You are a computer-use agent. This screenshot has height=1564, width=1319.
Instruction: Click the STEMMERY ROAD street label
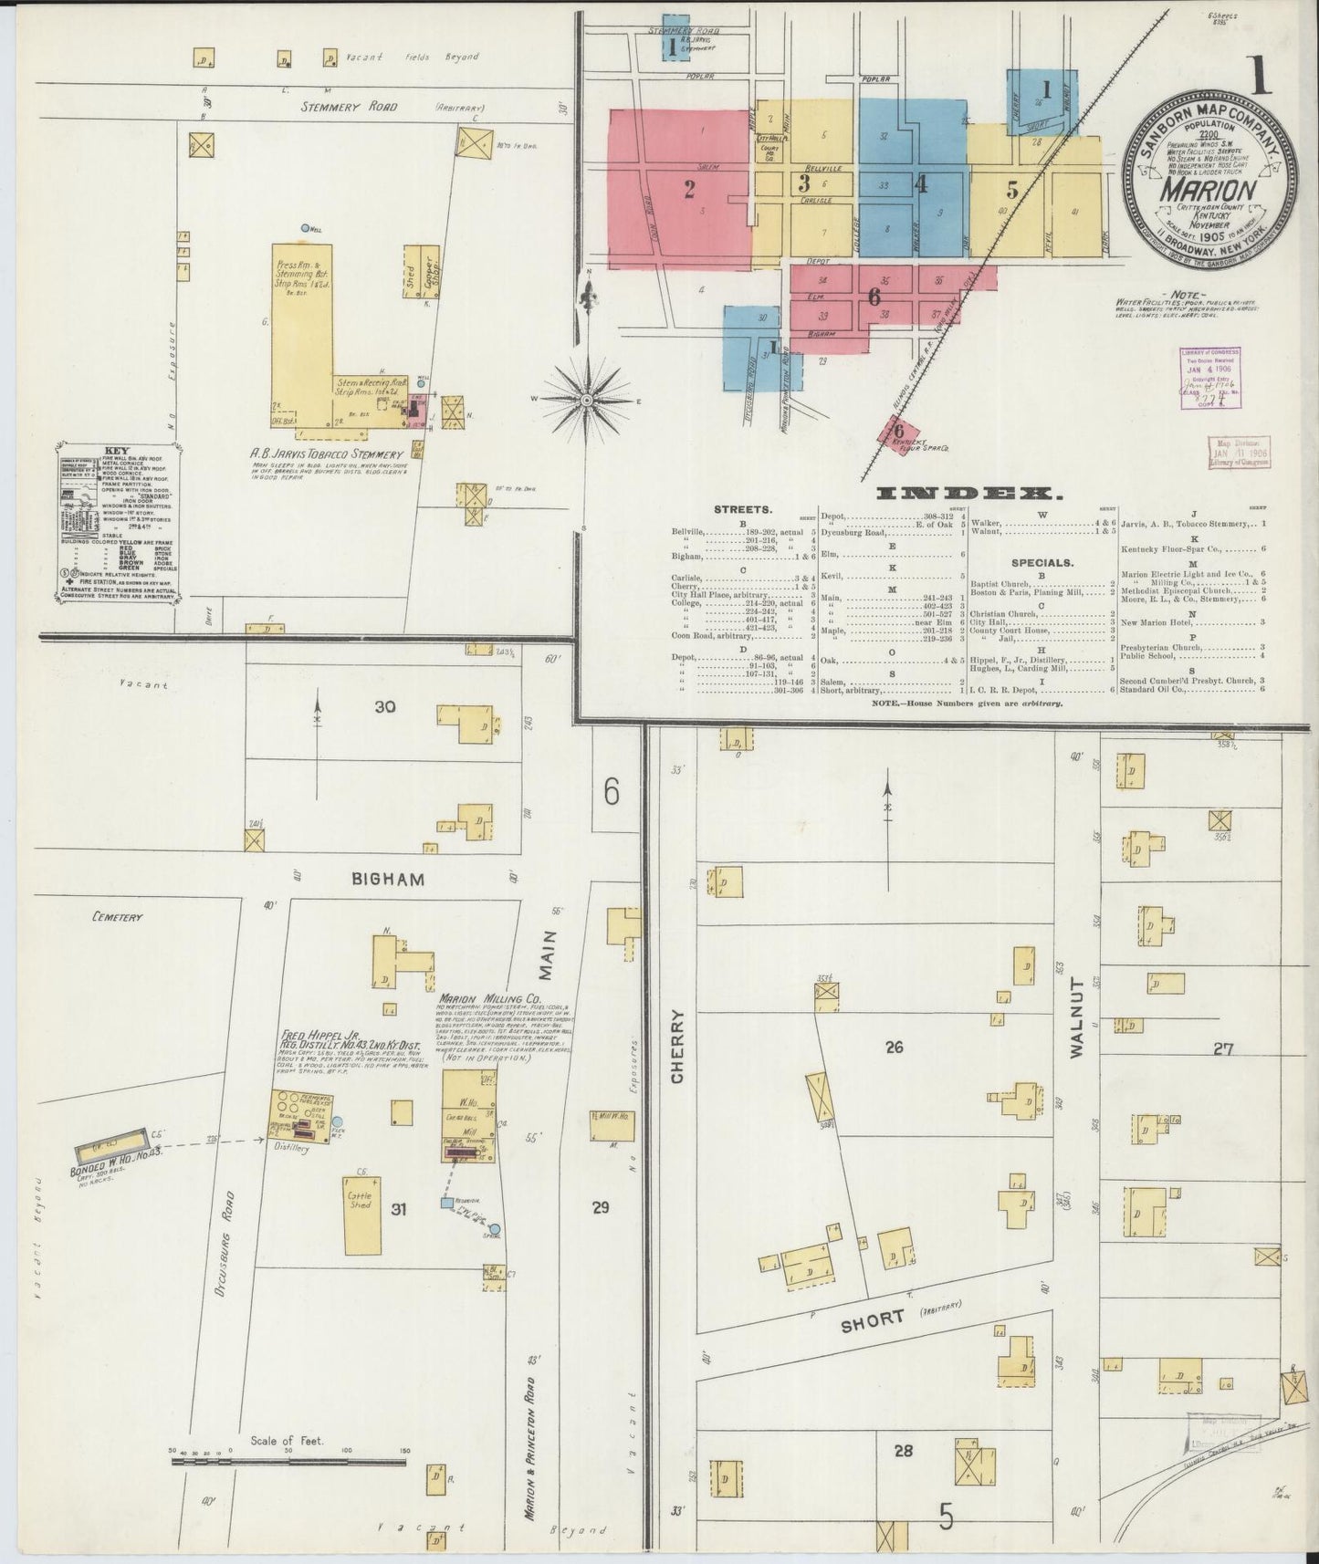pos(350,107)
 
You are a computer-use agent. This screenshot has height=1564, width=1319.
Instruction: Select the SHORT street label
pos(873,1320)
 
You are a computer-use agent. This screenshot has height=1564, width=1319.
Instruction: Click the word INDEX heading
pos(968,494)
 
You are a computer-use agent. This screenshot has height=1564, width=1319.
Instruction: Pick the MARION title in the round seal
pos(1206,191)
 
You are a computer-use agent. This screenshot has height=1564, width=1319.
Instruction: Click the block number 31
pos(398,1209)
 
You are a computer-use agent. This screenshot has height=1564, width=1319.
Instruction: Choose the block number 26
pos(894,1048)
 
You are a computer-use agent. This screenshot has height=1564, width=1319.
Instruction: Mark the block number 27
pos(1222,1049)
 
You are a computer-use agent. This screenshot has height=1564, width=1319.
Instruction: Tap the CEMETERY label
pos(120,916)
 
